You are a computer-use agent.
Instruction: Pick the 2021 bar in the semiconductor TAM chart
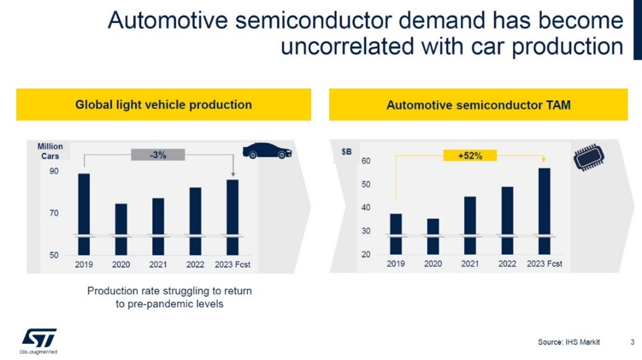click(x=470, y=224)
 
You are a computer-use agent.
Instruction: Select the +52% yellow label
click(x=470, y=155)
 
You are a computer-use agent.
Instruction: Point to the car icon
click(x=266, y=151)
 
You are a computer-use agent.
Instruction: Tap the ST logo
click(x=39, y=338)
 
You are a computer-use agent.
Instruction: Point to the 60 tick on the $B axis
click(x=366, y=161)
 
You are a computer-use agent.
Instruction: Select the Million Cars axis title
click(x=50, y=151)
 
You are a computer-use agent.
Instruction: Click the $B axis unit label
click(x=346, y=151)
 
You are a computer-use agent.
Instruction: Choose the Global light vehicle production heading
click(x=163, y=104)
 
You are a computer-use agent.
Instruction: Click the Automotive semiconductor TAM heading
click(x=479, y=105)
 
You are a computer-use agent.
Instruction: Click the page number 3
click(x=631, y=341)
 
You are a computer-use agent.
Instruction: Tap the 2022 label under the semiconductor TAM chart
click(x=507, y=264)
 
